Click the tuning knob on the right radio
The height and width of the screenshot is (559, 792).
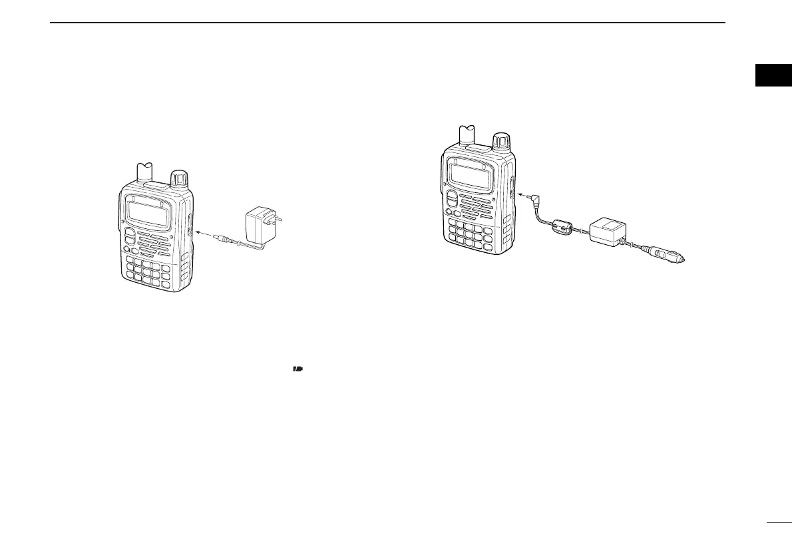tap(501, 142)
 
